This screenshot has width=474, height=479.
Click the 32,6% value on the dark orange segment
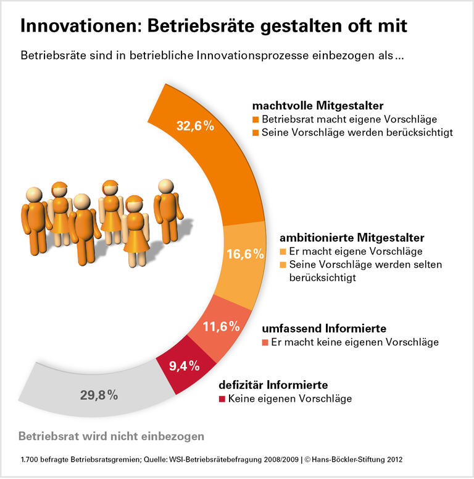195,126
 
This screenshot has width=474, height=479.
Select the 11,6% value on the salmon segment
221,326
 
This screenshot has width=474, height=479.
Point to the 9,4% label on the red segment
184,366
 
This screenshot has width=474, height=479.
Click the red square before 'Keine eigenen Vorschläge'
223,399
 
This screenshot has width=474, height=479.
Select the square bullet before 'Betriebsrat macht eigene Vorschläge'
256,119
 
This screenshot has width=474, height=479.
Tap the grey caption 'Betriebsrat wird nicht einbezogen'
111,436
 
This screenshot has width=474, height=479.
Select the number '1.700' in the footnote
30,460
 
